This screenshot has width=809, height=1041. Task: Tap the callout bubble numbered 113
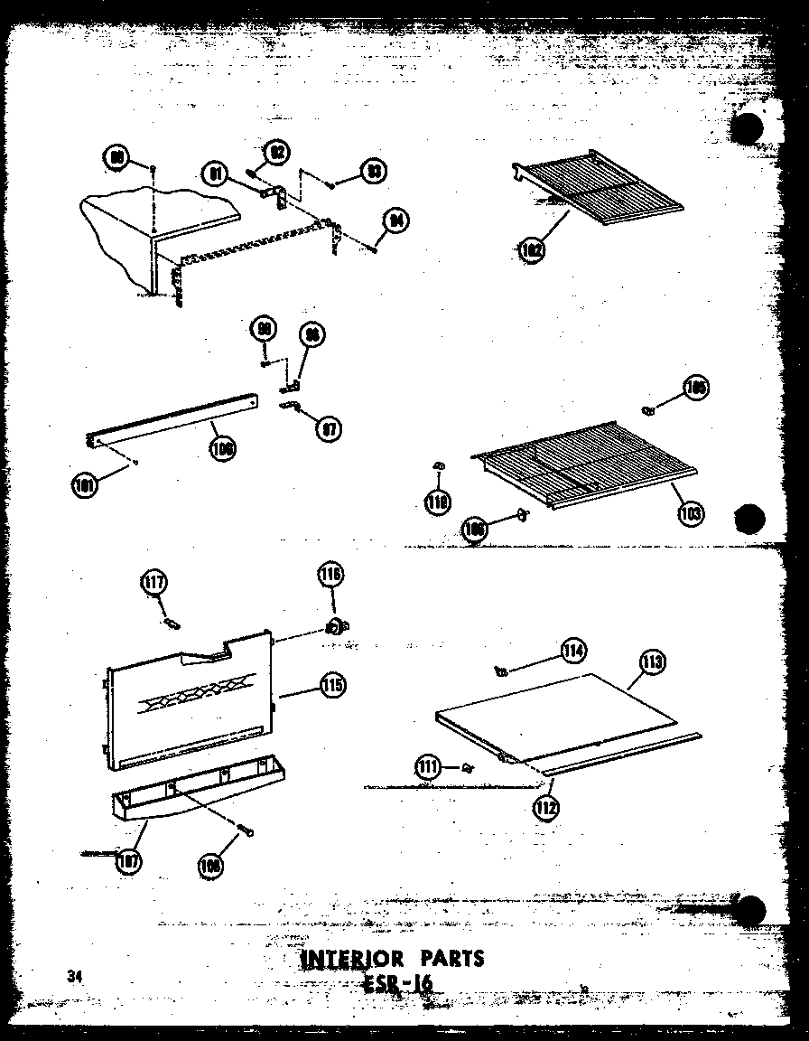coord(652,663)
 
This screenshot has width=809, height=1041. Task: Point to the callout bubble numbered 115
coord(331,686)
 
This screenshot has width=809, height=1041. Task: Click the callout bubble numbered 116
coord(330,573)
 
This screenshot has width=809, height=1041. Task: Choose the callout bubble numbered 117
coord(153,583)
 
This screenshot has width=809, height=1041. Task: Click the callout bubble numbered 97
coord(330,428)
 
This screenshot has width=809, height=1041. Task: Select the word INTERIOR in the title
coord(346,958)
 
